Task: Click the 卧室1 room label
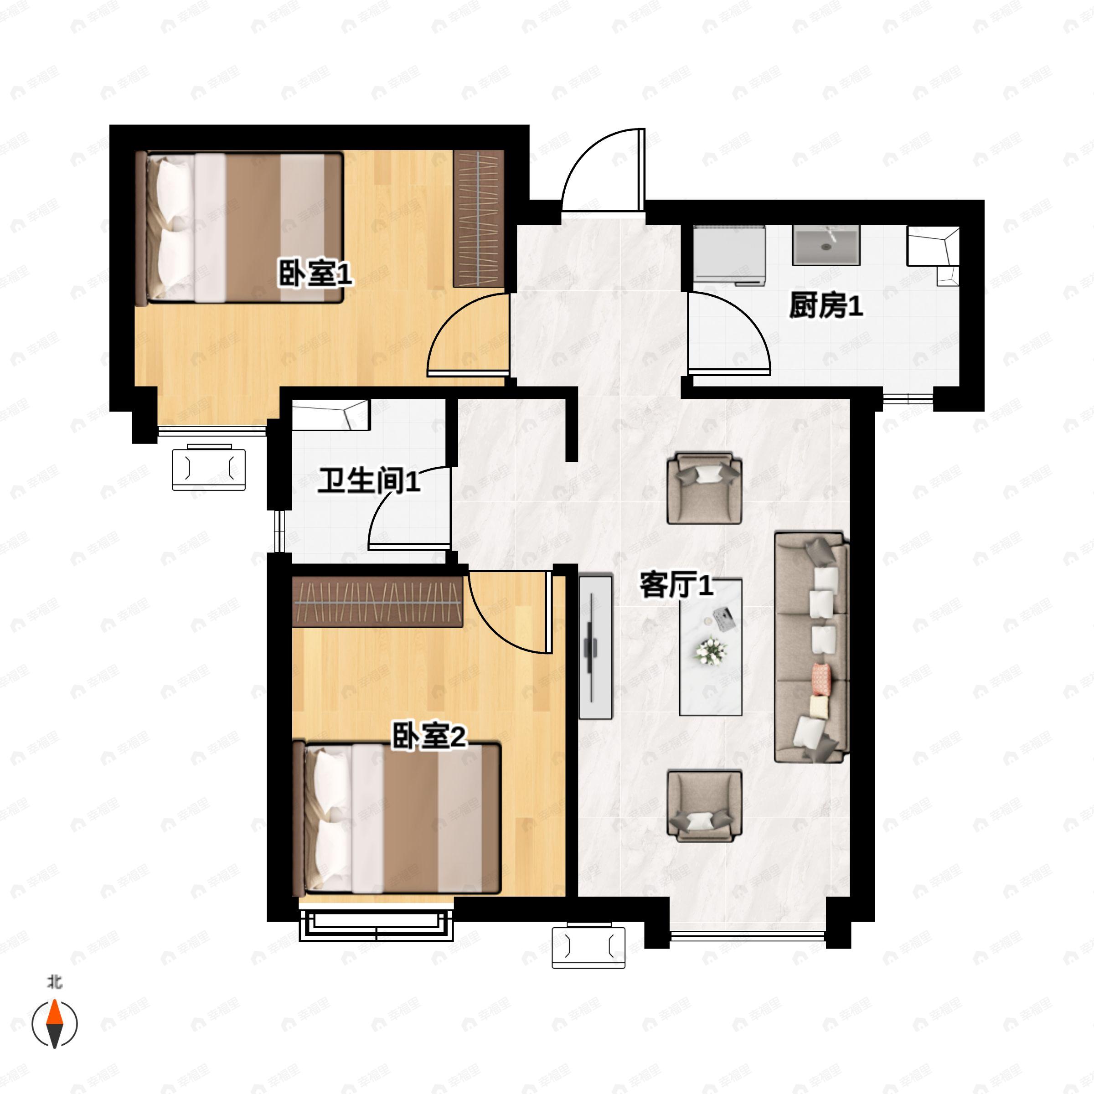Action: tap(315, 273)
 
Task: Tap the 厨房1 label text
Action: tap(826, 306)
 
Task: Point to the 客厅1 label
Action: tap(676, 584)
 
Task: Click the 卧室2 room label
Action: tap(428, 736)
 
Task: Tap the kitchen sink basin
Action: tap(826, 245)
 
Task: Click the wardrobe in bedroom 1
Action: tap(479, 219)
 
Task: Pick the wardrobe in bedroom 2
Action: tap(378, 601)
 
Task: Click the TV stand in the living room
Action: tap(596, 648)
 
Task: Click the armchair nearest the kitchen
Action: tap(704, 488)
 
